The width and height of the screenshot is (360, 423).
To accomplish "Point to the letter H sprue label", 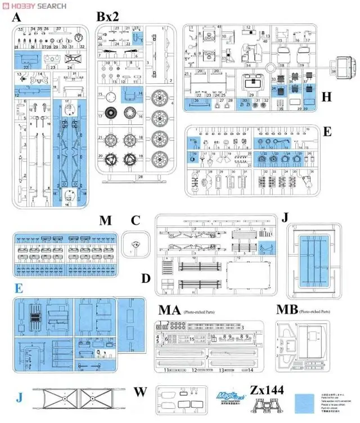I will tap(326, 97).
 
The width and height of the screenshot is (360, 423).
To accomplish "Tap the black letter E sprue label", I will tap(327, 132).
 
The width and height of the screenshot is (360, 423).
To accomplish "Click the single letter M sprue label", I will tap(105, 219).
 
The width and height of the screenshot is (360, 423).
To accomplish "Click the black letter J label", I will tap(285, 217).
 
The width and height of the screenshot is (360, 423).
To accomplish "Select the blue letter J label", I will tap(20, 397).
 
